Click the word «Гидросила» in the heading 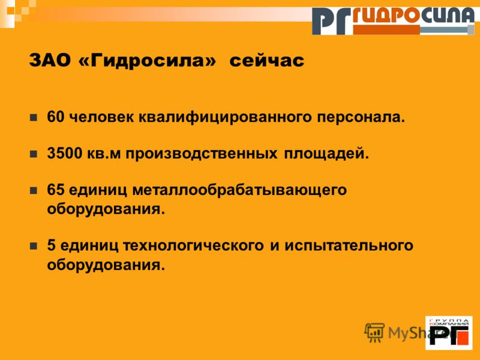click(x=147, y=61)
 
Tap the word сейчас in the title click(x=267, y=61)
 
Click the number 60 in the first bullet click(x=56, y=117)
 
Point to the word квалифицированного click(x=224, y=118)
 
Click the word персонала click(x=361, y=118)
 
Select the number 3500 click(x=65, y=154)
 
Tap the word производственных click(x=202, y=154)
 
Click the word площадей click(x=326, y=154)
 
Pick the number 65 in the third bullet click(x=56, y=190)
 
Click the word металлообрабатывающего click(x=239, y=190)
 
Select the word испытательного click(x=349, y=245)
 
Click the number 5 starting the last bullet click(x=52, y=245)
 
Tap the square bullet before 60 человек click(x=34, y=118)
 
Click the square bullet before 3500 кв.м click(x=34, y=154)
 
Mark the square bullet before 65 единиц click(x=34, y=190)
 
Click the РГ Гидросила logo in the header click(x=394, y=21)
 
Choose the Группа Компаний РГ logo click(x=449, y=333)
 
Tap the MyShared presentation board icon click(x=374, y=332)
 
